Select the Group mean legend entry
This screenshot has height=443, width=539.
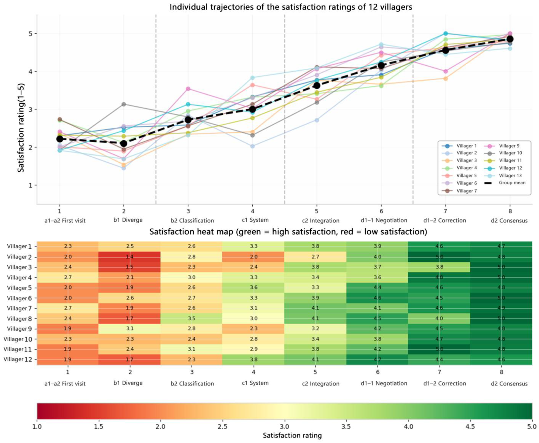(505, 183)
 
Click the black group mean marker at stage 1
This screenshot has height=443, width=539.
(59, 139)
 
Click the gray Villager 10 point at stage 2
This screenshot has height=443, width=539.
(124, 104)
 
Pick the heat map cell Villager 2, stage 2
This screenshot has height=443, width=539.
(129, 257)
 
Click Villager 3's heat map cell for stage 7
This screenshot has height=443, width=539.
(439, 267)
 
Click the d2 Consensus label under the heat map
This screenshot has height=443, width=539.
(509, 384)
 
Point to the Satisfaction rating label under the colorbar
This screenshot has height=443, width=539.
(292, 435)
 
